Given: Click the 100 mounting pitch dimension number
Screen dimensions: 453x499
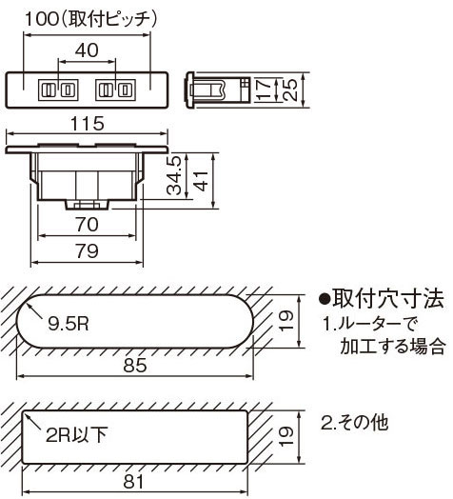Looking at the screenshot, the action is tap(41, 19).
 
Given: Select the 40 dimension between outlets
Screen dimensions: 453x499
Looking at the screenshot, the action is tap(87, 50).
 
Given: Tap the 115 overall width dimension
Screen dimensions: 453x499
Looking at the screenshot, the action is tap(88, 124).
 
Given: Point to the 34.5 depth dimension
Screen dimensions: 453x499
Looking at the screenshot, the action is tap(174, 175).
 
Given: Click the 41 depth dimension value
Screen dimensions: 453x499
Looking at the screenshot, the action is tap(202, 181).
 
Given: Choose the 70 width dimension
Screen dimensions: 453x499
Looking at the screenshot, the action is tap(87, 225).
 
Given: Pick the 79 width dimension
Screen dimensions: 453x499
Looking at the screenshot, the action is tap(87, 251).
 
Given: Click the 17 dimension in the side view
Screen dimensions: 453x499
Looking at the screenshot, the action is tap(264, 90).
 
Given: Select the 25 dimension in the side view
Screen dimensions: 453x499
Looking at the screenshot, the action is tap(290, 90).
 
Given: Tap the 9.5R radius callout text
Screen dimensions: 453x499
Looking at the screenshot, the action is tap(69, 324).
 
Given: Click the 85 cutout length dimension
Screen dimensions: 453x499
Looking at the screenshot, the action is tap(135, 365).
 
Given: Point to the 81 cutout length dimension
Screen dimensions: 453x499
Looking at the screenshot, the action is tap(133, 482).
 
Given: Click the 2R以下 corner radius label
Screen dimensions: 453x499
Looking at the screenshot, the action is tap(77, 434).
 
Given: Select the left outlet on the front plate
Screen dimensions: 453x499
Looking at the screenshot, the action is tap(58, 90).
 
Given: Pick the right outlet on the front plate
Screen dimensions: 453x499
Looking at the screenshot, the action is tap(115, 90).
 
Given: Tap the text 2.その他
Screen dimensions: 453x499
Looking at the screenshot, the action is tap(355, 423).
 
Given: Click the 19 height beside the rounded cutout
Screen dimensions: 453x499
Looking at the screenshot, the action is tap(286, 321).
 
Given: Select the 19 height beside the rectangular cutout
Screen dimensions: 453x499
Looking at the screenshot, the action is tap(286, 436).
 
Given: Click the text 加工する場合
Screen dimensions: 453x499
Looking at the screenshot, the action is tap(392, 347).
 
